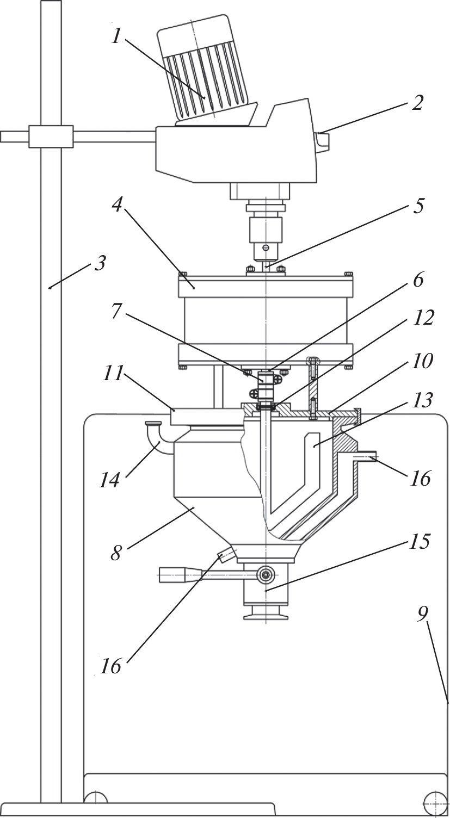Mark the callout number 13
(x=423, y=401)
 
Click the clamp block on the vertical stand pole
(x=51, y=137)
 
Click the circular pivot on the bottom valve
(x=266, y=573)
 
